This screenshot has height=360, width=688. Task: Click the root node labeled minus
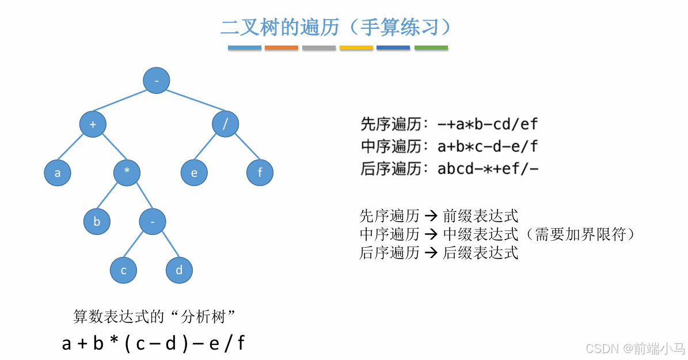click(157, 81)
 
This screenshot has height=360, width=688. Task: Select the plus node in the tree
click(93, 124)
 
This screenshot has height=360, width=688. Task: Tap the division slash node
click(225, 124)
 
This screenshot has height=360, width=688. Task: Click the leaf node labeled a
click(58, 173)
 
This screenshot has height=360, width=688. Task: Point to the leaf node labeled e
click(194, 173)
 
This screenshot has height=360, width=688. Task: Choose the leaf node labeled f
click(260, 173)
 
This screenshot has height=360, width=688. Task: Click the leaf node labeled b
click(97, 222)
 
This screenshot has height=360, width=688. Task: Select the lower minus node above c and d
click(152, 222)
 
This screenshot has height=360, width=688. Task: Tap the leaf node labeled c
click(124, 270)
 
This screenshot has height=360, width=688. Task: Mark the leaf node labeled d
click(179, 270)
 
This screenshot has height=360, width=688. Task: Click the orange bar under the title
click(282, 47)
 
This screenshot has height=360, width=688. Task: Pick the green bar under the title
click(431, 47)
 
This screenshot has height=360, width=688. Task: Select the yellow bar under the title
click(356, 47)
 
